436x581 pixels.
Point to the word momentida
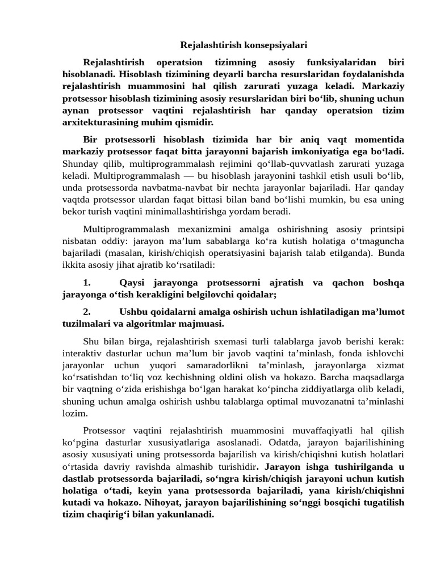[380, 140]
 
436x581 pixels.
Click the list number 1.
[87, 283]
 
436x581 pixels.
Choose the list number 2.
[87, 312]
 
